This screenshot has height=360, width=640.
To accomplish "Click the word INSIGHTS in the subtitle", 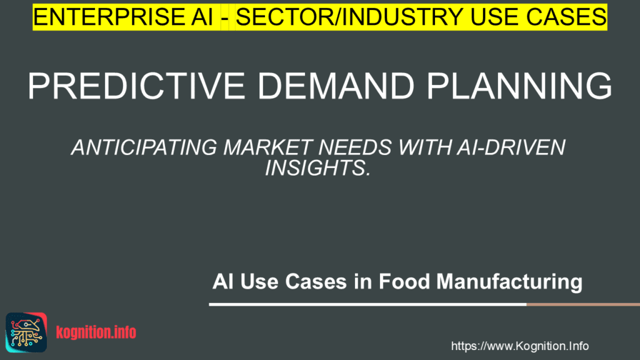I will point(319,167).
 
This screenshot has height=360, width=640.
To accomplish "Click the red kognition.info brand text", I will point(96,332).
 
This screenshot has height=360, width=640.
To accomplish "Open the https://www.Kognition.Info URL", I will point(519,346).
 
